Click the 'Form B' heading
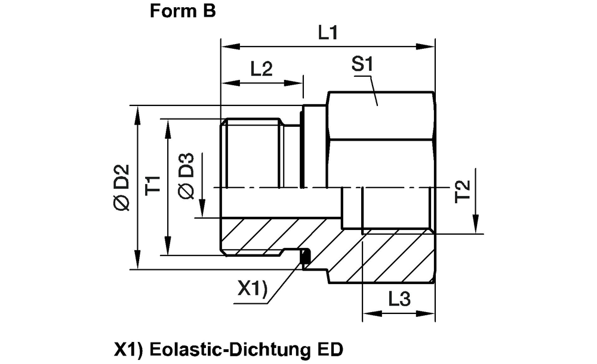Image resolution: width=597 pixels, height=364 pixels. point(182,13)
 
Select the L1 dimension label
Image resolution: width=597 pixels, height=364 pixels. point(327,33)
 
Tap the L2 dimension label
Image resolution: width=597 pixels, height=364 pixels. point(261,69)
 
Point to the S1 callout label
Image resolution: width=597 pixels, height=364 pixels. point(361,66)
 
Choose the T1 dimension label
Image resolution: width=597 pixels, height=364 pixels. point(154,186)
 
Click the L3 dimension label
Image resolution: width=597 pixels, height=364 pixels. point(398,300)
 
